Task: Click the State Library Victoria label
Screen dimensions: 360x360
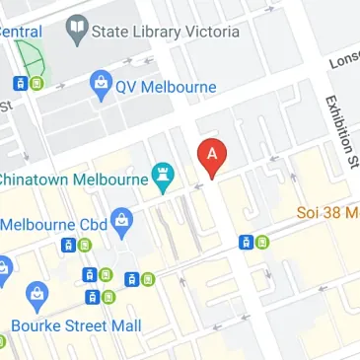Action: point(165,33)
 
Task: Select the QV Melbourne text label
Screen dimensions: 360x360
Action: point(165,87)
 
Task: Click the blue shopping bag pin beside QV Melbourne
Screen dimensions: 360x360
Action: point(100,86)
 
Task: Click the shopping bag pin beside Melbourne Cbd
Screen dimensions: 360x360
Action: point(121,221)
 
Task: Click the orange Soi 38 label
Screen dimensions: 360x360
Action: point(328,212)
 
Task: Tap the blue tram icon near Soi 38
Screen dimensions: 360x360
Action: point(246,243)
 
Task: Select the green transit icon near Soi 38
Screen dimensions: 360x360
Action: point(261,243)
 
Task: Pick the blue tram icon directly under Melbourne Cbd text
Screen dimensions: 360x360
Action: point(70,245)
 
